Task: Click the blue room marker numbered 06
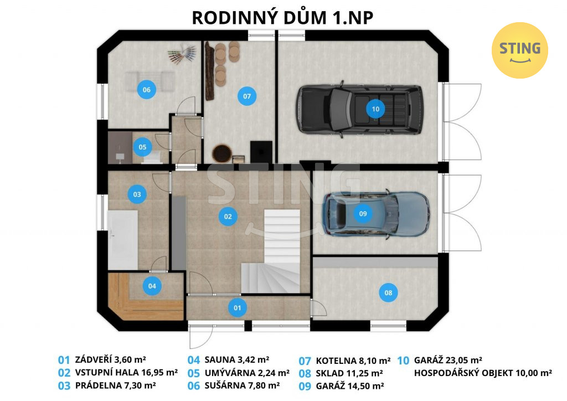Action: (146, 90)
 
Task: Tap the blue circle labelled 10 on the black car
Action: (375, 109)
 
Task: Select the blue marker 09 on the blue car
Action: (363, 214)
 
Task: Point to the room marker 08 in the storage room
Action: (388, 292)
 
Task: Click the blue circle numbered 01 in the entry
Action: (237, 308)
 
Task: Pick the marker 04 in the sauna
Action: (152, 286)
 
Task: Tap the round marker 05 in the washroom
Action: (142, 147)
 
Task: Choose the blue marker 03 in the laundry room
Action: (137, 194)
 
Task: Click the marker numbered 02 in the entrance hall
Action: (228, 217)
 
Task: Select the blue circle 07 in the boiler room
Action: (247, 96)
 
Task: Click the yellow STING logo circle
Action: (520, 50)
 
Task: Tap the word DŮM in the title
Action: (300, 18)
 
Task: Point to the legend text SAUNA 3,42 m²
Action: (237, 360)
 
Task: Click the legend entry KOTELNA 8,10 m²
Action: (353, 361)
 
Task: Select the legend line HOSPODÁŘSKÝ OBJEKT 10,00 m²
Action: (483, 373)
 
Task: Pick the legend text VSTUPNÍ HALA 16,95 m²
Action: (126, 372)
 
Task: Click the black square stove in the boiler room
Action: (261, 152)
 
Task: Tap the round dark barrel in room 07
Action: (221, 153)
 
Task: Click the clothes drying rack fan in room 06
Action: (183, 54)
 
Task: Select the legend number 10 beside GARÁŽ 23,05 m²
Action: (403, 361)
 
